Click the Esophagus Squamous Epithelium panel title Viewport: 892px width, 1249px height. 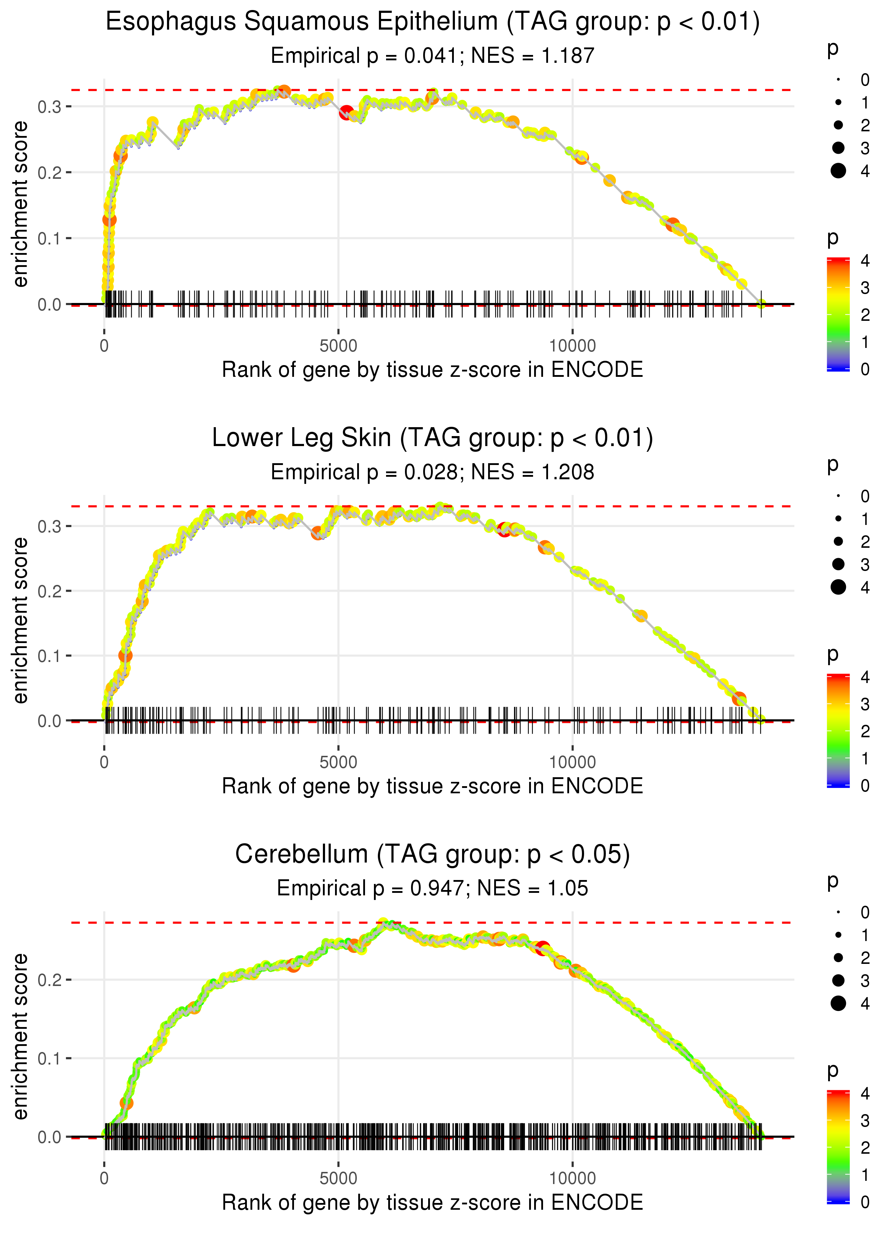[x=432, y=22]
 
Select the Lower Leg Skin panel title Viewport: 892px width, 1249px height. [x=432, y=438]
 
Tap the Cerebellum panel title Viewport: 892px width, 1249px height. [x=432, y=855]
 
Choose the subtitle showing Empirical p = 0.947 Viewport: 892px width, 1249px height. [x=432, y=888]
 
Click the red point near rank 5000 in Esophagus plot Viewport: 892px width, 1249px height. [x=346, y=113]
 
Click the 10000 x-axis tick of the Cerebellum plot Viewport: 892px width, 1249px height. [x=572, y=1178]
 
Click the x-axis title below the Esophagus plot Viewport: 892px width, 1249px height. [x=432, y=370]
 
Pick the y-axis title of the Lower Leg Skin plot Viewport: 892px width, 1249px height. [x=20, y=621]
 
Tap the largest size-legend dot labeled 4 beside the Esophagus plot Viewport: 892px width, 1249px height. [x=838, y=171]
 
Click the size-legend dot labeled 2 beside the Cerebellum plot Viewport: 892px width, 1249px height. [x=838, y=958]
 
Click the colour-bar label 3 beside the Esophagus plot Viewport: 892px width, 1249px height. [x=865, y=288]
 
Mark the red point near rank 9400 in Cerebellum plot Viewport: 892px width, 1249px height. [x=543, y=948]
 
